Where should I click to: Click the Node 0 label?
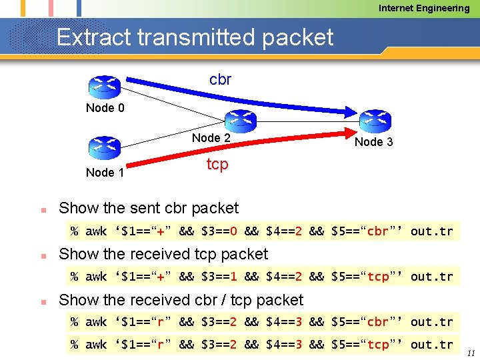coord(105,108)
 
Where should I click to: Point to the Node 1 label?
coord(105,173)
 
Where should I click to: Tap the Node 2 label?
coord(211,138)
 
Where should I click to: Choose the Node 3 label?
coord(373,142)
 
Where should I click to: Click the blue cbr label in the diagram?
coord(220,80)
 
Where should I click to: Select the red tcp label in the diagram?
coord(217,163)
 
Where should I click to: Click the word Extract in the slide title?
coord(93,37)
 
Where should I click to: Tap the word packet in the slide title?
coord(297,37)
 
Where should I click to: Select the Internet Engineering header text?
coord(424,8)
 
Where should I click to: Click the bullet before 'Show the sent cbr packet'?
coord(42,209)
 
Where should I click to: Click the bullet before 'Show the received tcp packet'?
coord(42,255)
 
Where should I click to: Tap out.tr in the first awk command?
coord(431,231)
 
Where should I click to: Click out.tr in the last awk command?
coord(431,344)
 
